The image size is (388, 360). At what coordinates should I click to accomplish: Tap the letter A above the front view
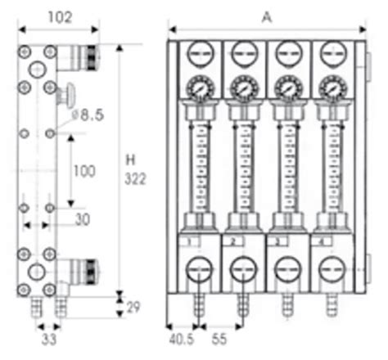(x=266, y=15)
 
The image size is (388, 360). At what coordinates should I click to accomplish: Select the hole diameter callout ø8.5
(x=87, y=116)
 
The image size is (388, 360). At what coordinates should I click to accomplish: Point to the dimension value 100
(x=83, y=171)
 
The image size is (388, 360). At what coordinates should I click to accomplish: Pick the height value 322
(x=134, y=178)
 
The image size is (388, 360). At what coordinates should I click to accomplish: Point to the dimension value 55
(x=219, y=335)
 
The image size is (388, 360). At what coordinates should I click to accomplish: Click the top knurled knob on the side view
(x=85, y=56)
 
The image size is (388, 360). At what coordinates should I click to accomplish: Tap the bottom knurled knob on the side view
(x=85, y=268)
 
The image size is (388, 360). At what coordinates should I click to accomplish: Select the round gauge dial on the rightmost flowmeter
(x=332, y=86)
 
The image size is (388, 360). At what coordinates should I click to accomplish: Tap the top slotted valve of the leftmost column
(x=198, y=55)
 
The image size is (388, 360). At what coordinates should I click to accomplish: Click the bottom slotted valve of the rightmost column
(x=332, y=270)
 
